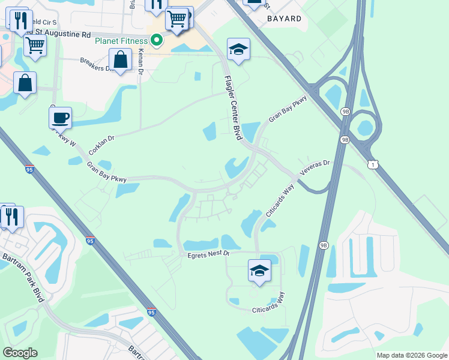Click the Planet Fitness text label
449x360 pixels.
[x=121, y=41]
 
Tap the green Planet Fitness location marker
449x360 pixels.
[x=157, y=41]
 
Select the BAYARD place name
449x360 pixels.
[x=284, y=19]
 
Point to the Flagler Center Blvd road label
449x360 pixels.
[x=234, y=108]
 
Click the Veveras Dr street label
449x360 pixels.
[x=315, y=167]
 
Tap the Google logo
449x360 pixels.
[x=20, y=353]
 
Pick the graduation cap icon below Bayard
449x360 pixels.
[x=238, y=50]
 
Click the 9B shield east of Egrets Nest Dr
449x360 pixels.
[x=324, y=245]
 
